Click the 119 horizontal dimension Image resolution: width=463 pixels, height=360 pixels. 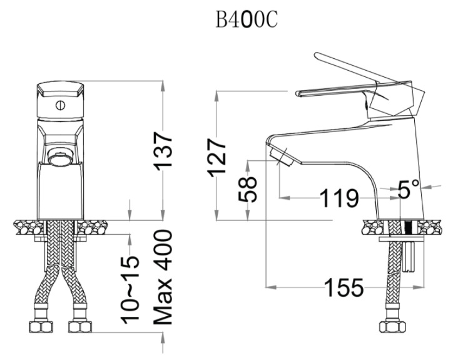pos(339,199)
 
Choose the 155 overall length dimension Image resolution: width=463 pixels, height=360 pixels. pos(343,289)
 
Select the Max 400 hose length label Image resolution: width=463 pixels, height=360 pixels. pos(161,277)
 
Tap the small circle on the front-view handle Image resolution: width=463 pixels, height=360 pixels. pos(60,105)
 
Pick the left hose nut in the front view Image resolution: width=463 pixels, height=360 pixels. pos(38,327)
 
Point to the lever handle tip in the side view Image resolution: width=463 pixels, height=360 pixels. pos(297,93)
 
